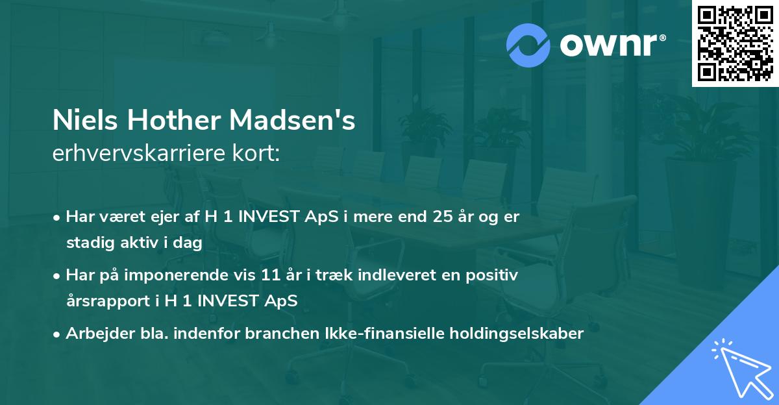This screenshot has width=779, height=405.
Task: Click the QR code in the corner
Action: [735, 43]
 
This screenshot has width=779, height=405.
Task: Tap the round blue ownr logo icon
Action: [528, 45]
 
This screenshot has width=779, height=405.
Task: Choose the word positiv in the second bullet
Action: [495, 276]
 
